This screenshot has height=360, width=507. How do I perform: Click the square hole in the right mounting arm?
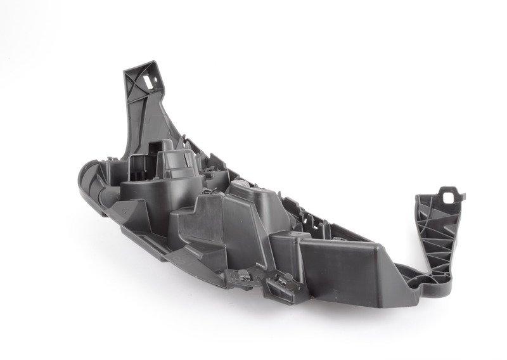(x=452, y=195)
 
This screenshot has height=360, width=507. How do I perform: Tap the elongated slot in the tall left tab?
(x=151, y=80)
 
